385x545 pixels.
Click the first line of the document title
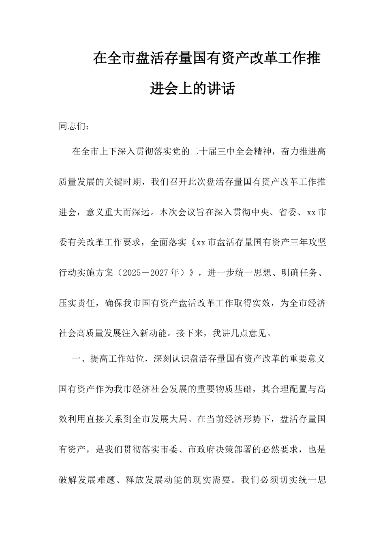click(207, 58)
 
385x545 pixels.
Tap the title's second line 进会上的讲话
click(192, 89)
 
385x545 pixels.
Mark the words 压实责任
click(77, 303)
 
